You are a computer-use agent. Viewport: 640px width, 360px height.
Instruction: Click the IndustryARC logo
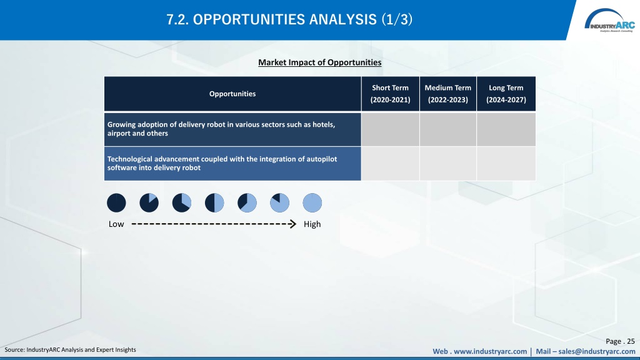coord(609,21)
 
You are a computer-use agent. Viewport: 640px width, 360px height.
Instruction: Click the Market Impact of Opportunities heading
coord(319,62)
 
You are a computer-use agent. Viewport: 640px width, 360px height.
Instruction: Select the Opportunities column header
coord(232,94)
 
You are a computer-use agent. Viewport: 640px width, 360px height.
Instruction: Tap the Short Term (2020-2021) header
coord(390,94)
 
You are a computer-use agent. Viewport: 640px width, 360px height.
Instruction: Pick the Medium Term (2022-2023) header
coord(447,94)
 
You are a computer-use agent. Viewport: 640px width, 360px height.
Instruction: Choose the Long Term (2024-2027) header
coord(506,94)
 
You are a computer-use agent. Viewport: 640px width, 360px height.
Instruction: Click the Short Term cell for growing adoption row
coord(390,129)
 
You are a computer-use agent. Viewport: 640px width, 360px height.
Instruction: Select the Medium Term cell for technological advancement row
coord(447,164)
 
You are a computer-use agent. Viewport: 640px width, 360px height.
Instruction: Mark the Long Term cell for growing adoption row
coord(506,129)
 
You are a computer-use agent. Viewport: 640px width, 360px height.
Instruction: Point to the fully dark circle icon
coord(116,203)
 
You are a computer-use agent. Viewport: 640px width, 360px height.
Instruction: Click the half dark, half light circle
coord(214,203)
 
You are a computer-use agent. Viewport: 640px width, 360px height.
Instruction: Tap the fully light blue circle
coord(312,203)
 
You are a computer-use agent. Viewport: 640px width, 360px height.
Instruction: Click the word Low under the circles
coord(116,224)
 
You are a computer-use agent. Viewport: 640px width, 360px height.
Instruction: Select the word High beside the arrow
coord(312,224)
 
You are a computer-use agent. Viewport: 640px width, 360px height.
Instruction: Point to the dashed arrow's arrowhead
coord(292,224)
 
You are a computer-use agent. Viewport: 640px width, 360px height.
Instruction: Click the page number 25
coord(631,341)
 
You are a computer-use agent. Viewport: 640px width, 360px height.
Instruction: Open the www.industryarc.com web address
coord(490,351)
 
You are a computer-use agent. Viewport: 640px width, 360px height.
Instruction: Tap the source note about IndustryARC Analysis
coord(70,350)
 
